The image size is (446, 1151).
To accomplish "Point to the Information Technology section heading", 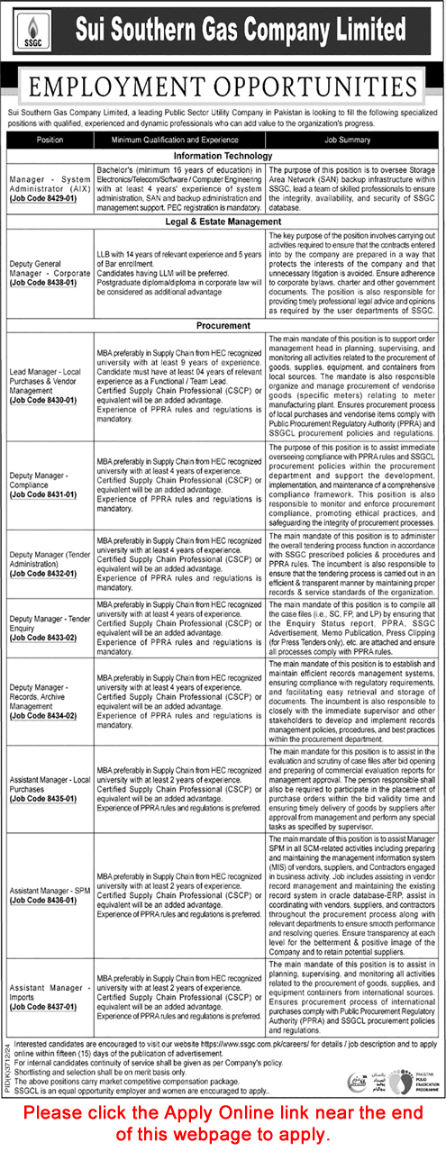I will [x=223, y=156].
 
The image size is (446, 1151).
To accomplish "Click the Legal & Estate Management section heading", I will [x=223, y=221].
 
